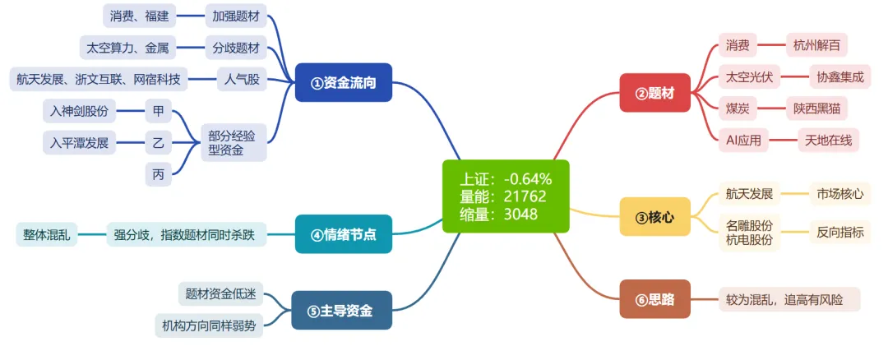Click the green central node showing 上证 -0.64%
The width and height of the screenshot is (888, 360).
point(506,196)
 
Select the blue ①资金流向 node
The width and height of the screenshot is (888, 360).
point(344,82)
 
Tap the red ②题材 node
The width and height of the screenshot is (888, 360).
point(654,93)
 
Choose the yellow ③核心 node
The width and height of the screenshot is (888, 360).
point(654,217)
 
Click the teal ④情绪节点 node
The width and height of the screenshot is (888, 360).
point(344,234)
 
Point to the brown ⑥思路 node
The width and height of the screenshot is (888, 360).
point(654,299)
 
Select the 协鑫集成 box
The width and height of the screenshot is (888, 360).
point(839,77)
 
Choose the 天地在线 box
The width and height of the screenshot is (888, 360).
point(828,141)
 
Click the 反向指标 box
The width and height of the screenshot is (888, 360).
point(839,232)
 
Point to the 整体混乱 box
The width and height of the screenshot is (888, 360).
point(47,235)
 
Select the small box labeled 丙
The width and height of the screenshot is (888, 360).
point(158,173)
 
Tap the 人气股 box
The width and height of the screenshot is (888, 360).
point(241,80)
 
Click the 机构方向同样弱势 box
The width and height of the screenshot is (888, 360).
point(209,325)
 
